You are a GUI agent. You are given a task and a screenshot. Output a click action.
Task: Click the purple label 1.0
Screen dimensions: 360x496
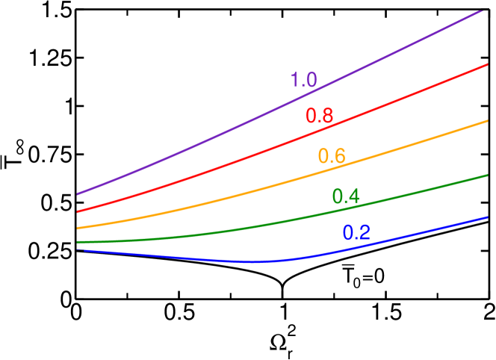coord(303,81)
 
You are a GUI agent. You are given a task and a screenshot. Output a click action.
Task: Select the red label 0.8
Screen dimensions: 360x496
coord(319,117)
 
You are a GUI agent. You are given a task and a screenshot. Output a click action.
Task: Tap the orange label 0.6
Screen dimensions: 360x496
coord(332,157)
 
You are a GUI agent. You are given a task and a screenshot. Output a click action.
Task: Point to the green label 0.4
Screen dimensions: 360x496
coord(346,196)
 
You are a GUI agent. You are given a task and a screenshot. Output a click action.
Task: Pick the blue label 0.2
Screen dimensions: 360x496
coord(356,233)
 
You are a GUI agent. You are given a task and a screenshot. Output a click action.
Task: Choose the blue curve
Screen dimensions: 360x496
coord(187,258)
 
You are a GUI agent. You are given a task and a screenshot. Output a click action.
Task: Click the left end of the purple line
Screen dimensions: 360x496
coord(77,194)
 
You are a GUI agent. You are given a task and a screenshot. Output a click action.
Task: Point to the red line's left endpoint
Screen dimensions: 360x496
coord(77,211)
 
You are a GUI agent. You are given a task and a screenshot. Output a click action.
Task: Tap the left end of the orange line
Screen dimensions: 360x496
coord(77,228)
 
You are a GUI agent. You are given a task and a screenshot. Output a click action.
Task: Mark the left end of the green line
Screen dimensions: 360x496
coord(77,242)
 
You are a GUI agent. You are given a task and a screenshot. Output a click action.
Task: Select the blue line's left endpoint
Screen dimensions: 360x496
coord(77,249)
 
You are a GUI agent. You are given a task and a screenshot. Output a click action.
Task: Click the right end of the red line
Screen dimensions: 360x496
coord(487,65)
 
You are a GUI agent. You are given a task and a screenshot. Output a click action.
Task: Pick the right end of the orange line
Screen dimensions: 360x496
coord(487,120)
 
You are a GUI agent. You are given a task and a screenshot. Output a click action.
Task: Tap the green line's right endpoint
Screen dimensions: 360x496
coord(487,175)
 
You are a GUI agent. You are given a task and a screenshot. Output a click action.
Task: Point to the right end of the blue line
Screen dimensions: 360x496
coord(487,217)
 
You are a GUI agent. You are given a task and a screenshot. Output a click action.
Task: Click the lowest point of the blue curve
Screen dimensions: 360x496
coord(252,262)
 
